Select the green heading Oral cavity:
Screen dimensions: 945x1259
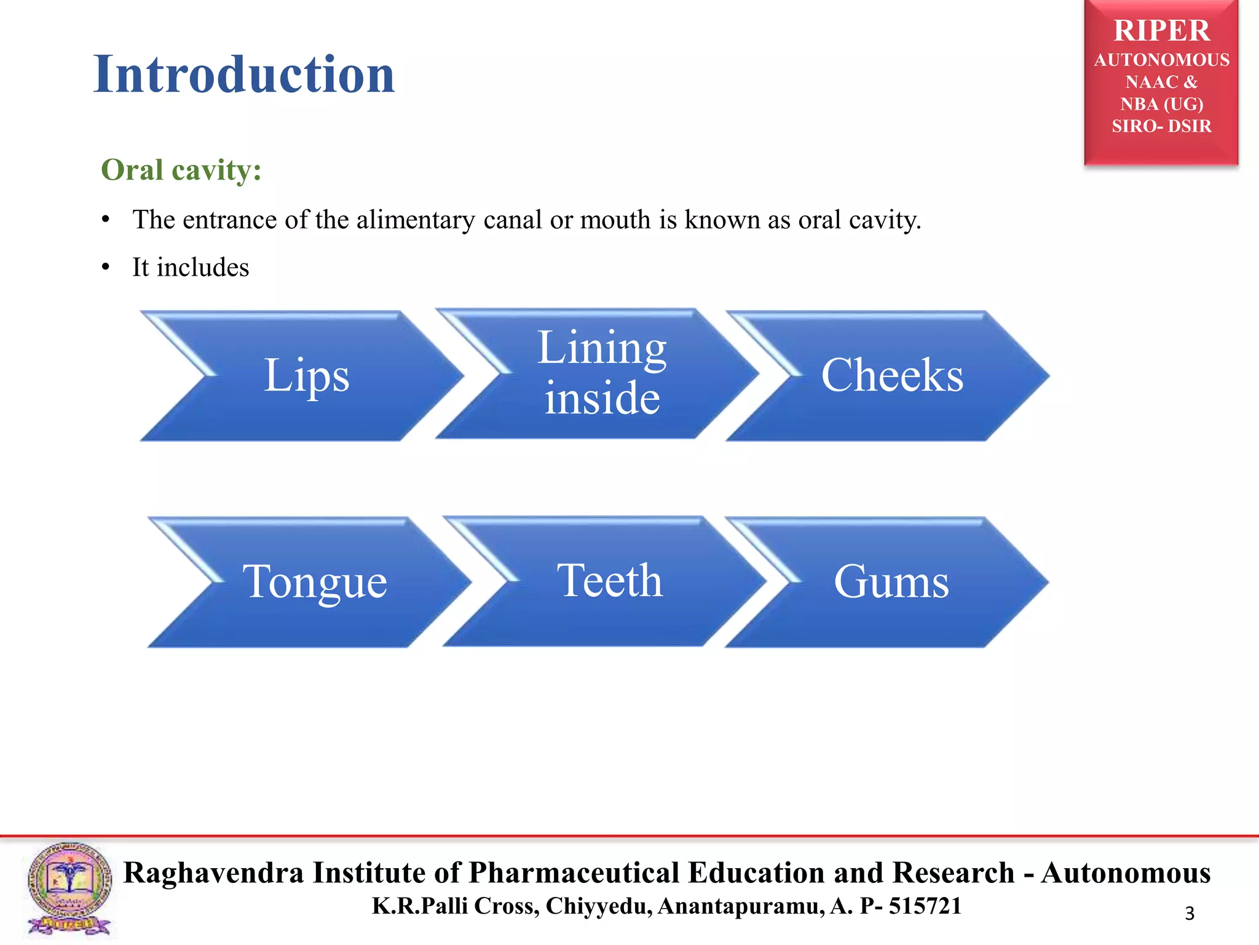pos(181,170)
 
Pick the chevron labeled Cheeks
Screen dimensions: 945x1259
pos(891,375)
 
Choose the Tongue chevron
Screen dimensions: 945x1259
pos(314,581)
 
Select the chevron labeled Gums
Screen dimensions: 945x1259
pos(891,581)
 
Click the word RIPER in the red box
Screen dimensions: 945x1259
pos(1161,31)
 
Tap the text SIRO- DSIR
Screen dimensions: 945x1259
pos(1161,126)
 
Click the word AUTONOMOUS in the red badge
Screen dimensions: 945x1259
pos(1161,60)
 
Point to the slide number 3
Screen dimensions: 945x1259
pos(1189,914)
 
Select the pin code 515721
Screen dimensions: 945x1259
pos(925,906)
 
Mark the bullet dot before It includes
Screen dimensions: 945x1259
pos(106,268)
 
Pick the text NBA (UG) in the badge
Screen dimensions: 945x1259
pos(1161,104)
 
